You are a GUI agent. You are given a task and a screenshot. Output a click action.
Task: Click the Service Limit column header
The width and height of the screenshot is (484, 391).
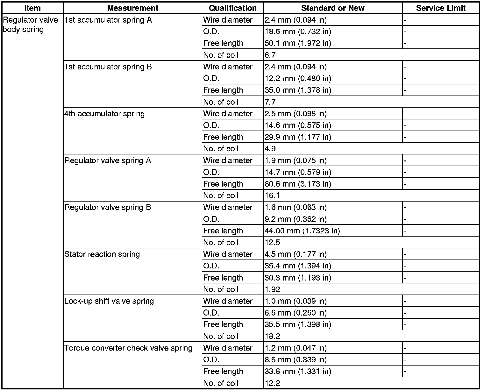[441, 8]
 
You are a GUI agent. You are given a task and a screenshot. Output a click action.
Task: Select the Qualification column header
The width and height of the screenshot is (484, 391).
[233, 8]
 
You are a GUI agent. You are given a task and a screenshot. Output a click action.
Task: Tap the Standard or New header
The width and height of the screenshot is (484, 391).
[333, 8]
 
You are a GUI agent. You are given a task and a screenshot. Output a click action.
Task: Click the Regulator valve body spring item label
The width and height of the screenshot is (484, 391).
[30, 25]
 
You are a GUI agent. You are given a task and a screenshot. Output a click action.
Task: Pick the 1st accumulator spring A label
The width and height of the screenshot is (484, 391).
[108, 20]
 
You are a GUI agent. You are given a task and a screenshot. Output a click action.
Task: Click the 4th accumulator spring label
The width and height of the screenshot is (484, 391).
[104, 114]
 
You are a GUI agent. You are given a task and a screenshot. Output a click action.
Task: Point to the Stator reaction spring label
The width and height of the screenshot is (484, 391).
[102, 254]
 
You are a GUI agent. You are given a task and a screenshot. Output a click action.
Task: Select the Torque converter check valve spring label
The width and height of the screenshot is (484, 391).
[128, 348]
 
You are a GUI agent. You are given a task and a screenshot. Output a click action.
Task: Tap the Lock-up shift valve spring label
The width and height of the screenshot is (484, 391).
[109, 301]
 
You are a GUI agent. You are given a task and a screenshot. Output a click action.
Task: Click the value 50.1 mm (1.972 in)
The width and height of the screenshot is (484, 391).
[298, 43]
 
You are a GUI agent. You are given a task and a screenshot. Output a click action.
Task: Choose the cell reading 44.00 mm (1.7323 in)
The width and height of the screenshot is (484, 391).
[302, 231]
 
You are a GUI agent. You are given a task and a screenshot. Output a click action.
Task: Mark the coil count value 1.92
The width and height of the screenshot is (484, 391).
[272, 289]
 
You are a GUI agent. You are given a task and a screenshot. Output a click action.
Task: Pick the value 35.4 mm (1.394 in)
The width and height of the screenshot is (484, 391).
[298, 266]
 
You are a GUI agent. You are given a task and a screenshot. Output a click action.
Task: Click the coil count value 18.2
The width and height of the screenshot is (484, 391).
[272, 336]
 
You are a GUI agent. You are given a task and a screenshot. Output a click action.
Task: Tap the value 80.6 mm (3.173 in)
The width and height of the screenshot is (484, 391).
[298, 184]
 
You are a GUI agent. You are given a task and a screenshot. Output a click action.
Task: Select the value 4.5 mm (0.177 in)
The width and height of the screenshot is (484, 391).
[295, 254]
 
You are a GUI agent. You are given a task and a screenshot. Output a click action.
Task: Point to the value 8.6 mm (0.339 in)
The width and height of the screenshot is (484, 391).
[295, 360]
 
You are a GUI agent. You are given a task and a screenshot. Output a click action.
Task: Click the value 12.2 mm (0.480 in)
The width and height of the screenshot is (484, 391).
[298, 78]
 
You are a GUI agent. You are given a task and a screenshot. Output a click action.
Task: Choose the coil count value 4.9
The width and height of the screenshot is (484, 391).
[270, 149]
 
